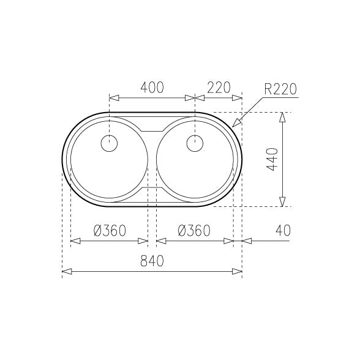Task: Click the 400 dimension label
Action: coord(152,87)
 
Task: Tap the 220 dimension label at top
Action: coord(219,87)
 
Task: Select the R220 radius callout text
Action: coord(280,89)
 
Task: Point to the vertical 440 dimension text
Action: coord(272,159)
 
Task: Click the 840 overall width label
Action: coord(152,261)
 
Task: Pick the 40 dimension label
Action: coord(283,230)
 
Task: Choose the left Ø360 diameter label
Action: coord(110,230)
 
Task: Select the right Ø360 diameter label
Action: coord(194,230)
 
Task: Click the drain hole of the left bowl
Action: coord(109,143)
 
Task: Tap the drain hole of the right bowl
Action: coord(195,143)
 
